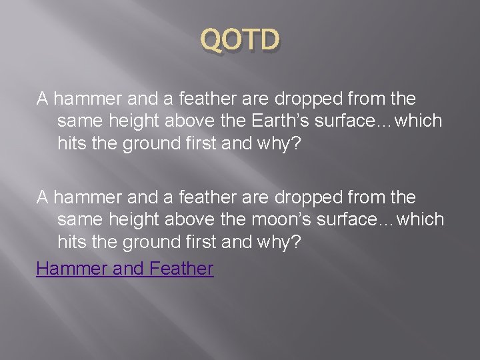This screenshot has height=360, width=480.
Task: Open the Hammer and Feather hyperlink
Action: (125, 269)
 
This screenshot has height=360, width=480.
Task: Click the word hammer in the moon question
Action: (85, 197)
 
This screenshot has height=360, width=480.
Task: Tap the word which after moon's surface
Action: (420, 219)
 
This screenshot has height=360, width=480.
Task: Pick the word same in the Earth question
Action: (77, 121)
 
